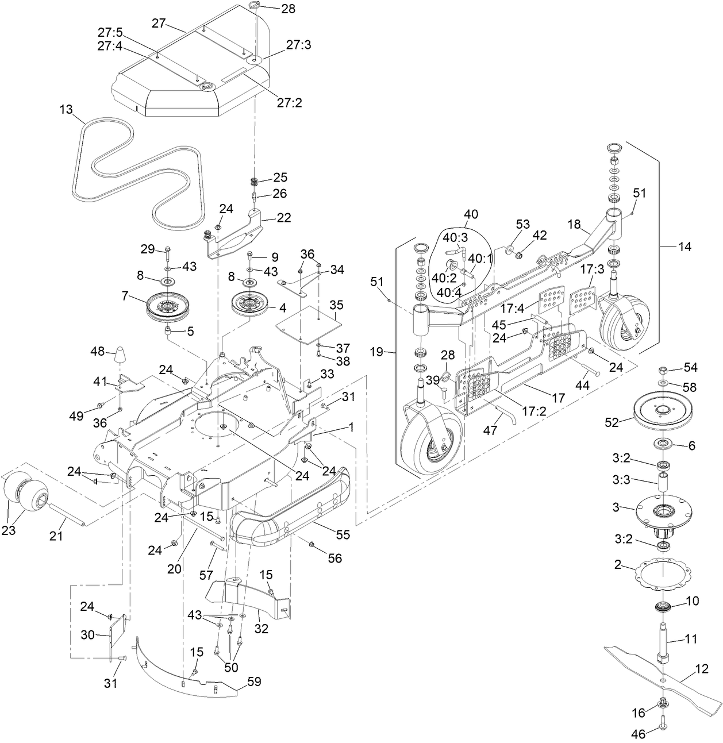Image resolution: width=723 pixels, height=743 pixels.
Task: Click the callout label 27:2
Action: coord(289,103)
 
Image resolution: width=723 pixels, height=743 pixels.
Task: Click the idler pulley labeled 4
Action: coord(250,303)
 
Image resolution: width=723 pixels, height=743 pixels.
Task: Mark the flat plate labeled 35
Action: coord(306,325)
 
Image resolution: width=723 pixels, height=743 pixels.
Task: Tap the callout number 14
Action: coord(684,247)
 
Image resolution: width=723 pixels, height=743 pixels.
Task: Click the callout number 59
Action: coord(253,682)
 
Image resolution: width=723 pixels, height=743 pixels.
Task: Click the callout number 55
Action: coord(343,534)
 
